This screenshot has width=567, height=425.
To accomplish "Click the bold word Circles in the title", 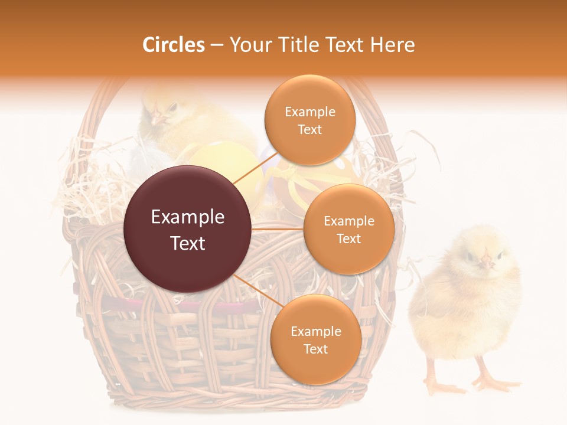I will [x=173, y=45].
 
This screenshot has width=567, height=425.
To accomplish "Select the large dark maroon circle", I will [x=188, y=229].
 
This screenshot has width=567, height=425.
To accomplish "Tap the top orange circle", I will [x=309, y=120].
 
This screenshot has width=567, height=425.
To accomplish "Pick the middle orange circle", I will [x=348, y=229].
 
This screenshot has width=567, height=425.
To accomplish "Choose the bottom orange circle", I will [x=315, y=339].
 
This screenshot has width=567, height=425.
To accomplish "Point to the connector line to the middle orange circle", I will [x=278, y=228].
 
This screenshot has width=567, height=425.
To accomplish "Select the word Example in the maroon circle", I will [x=188, y=217].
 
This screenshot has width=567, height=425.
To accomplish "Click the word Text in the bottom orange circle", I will [x=315, y=349].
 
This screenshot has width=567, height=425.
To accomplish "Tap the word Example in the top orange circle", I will [x=309, y=112].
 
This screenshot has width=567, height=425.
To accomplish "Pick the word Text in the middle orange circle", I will [x=348, y=238].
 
